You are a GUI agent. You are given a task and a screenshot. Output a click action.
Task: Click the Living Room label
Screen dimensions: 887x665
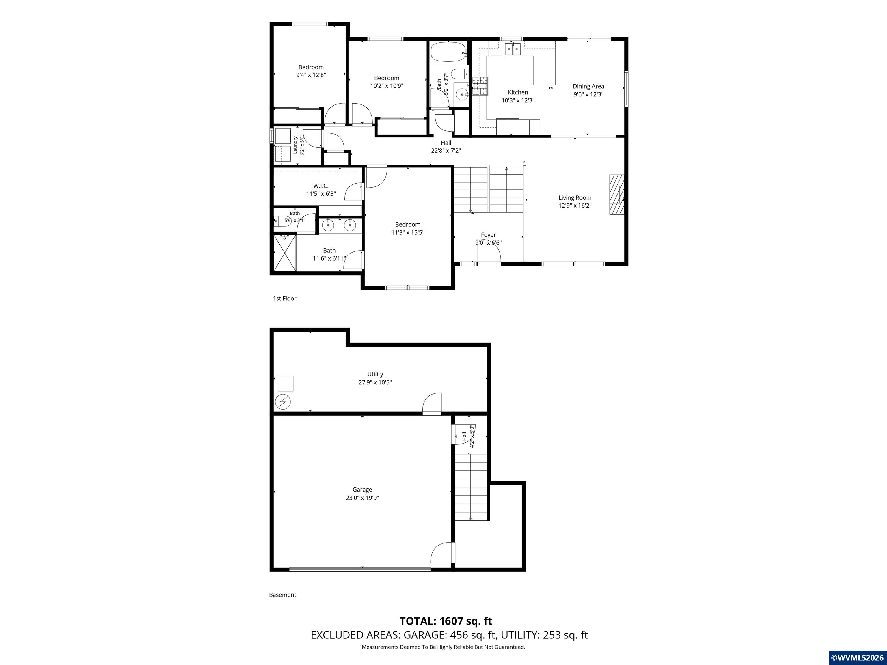575,198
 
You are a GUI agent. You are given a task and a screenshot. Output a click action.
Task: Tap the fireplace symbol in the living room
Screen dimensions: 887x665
617,195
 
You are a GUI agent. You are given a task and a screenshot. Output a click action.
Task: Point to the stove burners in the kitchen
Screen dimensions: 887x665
480,86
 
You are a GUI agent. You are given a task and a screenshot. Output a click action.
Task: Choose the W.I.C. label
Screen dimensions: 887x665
321,186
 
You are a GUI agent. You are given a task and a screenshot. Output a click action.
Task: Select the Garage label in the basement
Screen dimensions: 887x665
362,490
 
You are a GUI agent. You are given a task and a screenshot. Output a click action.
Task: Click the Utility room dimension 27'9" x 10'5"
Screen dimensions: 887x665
375,382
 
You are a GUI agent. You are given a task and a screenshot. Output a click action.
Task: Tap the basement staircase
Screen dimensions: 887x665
471,487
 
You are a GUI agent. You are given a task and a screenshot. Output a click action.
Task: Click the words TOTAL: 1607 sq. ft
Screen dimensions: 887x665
446,621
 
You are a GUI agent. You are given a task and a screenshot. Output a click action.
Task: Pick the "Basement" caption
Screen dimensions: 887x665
283,595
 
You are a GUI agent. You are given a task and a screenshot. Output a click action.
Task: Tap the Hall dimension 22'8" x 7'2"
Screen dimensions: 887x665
446,151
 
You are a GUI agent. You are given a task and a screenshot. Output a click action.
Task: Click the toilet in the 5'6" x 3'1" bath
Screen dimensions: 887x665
277,221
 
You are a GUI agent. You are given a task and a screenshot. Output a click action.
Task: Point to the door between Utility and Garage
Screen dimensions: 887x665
432,404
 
